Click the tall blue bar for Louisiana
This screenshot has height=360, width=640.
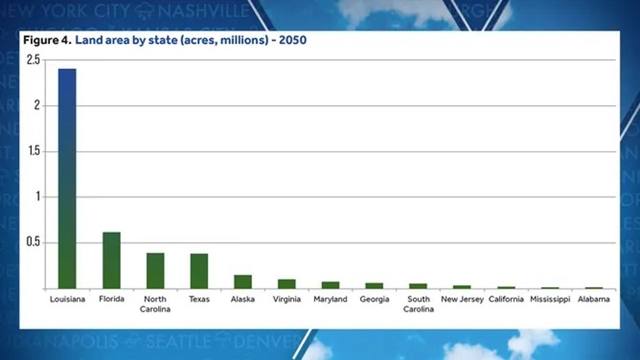tap(67, 178)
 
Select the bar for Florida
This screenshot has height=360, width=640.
tap(111, 260)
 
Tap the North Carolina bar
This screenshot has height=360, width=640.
tap(155, 271)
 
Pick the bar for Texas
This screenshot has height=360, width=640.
tap(199, 271)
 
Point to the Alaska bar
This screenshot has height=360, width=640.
tap(243, 282)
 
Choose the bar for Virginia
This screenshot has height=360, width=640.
tap(286, 284)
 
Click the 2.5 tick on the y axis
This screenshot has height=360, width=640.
tap(34, 60)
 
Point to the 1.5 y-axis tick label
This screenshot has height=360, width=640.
tap(34, 151)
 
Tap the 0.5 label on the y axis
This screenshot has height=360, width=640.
tap(34, 243)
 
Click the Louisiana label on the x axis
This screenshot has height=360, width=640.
tap(67, 300)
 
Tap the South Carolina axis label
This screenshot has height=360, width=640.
tap(418, 304)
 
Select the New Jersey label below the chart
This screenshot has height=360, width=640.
tap(461, 300)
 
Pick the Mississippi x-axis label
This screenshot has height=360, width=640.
tap(549, 300)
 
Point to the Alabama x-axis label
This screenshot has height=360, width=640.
tap(593, 300)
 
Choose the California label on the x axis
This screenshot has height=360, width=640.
tap(506, 300)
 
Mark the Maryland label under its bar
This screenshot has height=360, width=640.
tap(330, 300)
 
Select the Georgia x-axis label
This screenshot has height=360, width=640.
tap(374, 300)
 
